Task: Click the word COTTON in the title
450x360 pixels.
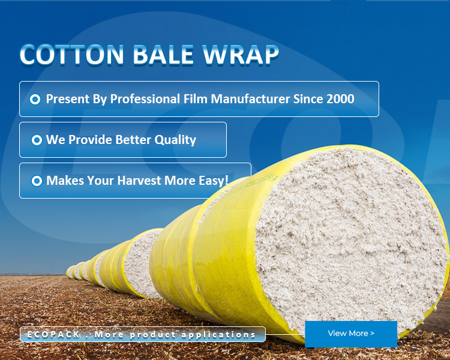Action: tap(72, 55)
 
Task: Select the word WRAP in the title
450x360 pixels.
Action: tap(241, 55)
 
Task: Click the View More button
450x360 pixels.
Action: tap(351, 334)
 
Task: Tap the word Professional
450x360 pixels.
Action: tap(145, 99)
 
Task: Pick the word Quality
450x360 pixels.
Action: tap(175, 140)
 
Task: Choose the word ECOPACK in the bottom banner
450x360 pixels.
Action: tap(53, 334)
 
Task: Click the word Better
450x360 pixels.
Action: tap(133, 140)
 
